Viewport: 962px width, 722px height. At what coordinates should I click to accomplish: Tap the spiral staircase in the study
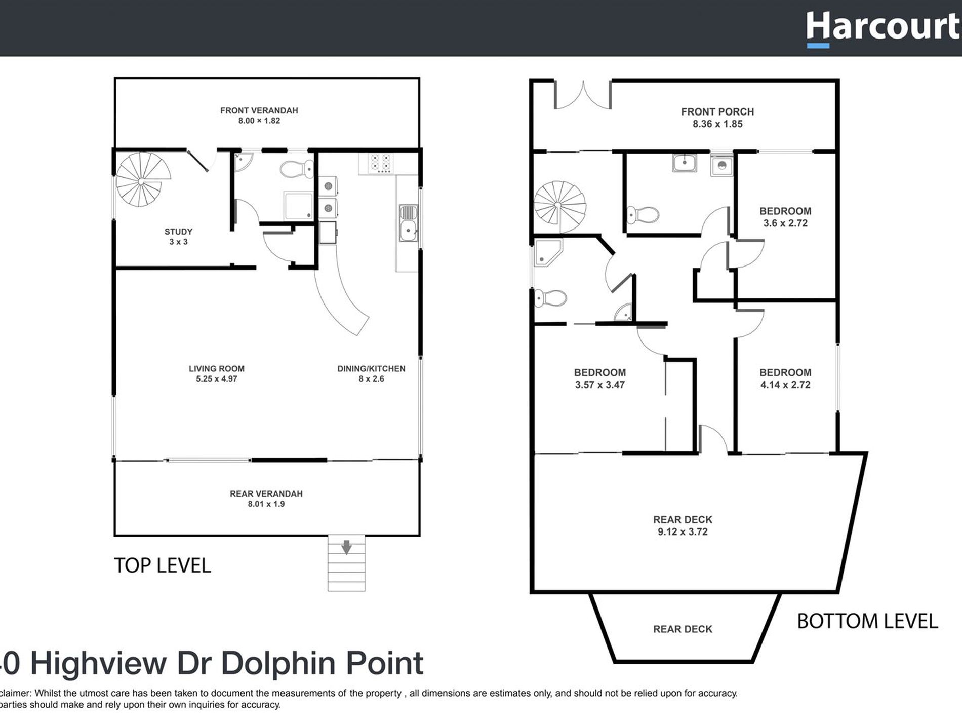point(142,180)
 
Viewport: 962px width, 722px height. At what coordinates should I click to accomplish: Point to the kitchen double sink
point(408,223)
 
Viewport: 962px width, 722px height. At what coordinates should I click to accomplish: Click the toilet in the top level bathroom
point(296,169)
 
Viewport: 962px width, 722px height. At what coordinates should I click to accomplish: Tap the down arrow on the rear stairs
point(346,547)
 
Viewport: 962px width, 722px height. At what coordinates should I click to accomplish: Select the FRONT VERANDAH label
point(259,110)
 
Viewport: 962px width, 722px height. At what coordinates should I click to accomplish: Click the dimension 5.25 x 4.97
point(217,379)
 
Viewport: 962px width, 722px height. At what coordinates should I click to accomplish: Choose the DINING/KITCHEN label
point(371,369)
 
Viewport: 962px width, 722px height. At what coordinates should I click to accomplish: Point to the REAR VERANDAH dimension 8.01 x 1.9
point(266,504)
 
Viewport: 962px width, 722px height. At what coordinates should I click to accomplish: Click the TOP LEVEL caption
point(162,565)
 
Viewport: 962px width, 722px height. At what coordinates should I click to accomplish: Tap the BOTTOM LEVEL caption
point(867,621)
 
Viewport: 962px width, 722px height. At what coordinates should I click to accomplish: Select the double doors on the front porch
point(583,96)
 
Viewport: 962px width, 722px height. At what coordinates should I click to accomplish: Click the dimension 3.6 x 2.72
point(785,223)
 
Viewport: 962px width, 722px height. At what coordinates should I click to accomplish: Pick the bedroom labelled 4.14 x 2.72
point(785,378)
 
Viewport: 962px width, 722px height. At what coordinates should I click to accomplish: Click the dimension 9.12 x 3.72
point(683,532)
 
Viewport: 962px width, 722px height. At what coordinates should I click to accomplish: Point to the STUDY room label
point(178,232)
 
